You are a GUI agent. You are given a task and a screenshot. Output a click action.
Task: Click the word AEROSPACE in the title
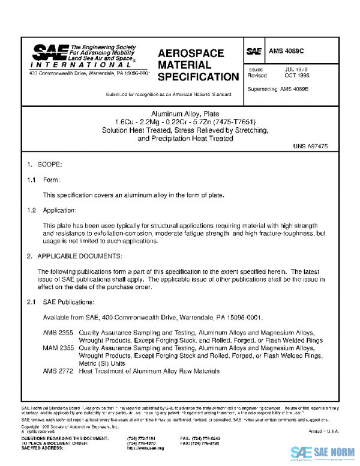(191, 53)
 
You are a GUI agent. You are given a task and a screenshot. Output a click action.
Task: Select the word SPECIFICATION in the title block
(198, 77)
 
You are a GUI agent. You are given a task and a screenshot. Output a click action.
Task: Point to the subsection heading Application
(60, 210)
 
